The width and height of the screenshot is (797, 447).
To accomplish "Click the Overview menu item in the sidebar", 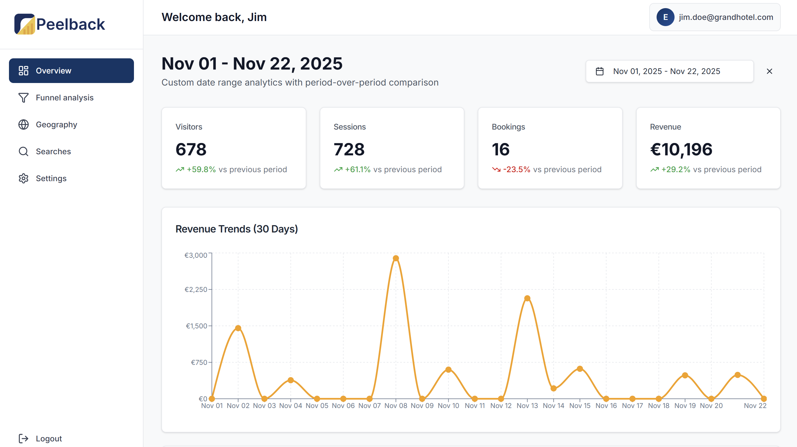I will point(71,71).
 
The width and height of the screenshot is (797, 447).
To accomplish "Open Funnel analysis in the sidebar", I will point(64,98).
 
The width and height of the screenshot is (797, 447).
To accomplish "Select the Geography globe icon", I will point(24,125).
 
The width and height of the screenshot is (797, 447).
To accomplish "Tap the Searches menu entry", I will point(53,151).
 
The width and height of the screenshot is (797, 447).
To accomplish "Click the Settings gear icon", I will point(24,178).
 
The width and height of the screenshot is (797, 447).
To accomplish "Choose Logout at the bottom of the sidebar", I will point(48,438).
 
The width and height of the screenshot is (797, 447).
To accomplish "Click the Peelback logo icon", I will point(25,24).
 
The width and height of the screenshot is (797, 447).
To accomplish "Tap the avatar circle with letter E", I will point(665,17).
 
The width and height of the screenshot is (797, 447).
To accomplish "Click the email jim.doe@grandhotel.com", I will point(726,17).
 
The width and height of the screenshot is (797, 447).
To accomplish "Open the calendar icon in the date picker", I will point(600,71).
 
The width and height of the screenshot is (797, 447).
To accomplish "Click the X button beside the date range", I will point(770,71).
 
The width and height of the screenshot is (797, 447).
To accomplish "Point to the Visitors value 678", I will point(191,149).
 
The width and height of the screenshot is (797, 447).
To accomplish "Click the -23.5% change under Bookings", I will point(516,169).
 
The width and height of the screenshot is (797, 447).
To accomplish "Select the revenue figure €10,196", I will point(681,149).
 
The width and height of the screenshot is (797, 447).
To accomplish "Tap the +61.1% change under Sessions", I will point(357,169).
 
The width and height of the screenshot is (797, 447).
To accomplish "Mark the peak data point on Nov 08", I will point(396,258).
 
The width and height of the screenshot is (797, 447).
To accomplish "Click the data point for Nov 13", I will point(527,298).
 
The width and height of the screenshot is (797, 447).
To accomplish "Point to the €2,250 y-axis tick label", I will point(196,289).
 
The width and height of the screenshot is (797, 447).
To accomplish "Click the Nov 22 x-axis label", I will point(755,405).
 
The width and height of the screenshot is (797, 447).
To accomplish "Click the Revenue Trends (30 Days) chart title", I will point(236,229).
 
